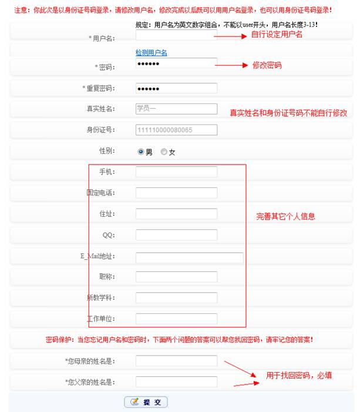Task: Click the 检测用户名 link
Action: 152,53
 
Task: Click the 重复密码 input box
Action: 176,88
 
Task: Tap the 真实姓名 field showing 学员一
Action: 176,109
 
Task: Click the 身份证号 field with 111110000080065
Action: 176,130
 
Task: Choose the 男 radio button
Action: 141,152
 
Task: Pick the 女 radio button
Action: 164,152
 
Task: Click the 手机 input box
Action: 176,172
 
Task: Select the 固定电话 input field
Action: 176,193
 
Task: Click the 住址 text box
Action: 176,214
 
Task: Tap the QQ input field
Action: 176,235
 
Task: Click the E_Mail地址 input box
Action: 189,257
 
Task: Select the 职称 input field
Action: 176,277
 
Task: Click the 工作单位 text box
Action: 176,319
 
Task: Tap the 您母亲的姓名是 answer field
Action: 176,360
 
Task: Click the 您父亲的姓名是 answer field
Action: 176,381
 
